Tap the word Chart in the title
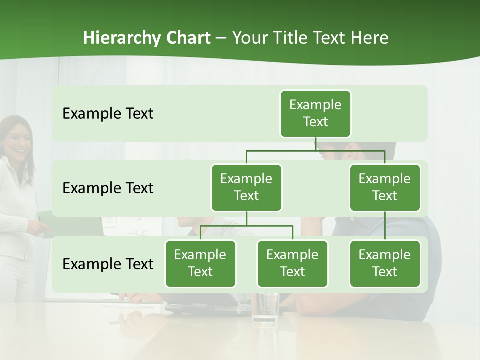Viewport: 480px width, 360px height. point(186,38)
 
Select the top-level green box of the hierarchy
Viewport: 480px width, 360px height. point(315,113)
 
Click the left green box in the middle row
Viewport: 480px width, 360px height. point(246,187)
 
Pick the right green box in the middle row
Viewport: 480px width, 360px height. point(385,187)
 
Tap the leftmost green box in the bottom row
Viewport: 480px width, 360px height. point(200,263)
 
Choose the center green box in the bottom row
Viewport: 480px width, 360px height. point(292,263)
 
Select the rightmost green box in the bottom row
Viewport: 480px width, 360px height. point(385,263)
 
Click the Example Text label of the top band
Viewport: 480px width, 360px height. point(108,114)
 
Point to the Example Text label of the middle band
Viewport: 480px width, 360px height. point(108,188)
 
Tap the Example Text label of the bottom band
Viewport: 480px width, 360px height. point(108,264)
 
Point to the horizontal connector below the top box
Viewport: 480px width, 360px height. point(315,150)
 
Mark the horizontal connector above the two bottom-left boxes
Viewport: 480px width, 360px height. point(246,226)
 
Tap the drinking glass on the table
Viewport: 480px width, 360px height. point(265,307)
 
